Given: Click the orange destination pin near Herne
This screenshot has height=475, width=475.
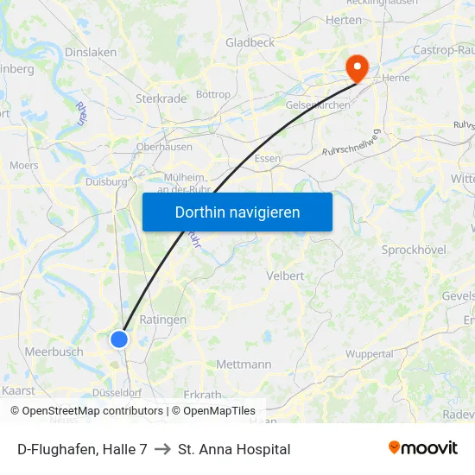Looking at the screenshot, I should click(x=356, y=67).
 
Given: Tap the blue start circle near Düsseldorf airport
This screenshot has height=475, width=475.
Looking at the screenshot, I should click(x=119, y=339).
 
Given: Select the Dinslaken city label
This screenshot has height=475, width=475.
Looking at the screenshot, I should click(x=91, y=52).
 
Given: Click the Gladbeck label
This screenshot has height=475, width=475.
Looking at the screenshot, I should click(x=250, y=42).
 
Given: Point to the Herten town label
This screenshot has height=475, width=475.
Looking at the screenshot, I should click(x=344, y=20).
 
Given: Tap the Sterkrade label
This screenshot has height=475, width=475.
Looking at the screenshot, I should click(x=161, y=98).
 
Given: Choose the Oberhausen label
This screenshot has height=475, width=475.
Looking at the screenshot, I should click(x=163, y=147).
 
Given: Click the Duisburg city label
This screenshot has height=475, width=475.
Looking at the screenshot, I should click(x=106, y=181).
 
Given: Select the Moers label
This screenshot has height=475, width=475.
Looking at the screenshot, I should click(x=23, y=165).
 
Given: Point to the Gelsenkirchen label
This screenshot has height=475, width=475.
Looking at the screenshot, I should click(x=317, y=105).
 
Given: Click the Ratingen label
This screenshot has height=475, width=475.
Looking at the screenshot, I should click(x=162, y=320).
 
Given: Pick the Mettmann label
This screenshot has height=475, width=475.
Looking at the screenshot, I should click(x=244, y=364).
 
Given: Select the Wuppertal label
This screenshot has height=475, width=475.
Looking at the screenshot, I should click(x=370, y=354).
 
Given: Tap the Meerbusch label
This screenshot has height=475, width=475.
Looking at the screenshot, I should click(x=54, y=351).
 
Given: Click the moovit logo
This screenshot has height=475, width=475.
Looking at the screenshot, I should click(x=423, y=448).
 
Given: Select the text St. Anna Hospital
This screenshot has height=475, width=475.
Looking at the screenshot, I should click(x=234, y=449).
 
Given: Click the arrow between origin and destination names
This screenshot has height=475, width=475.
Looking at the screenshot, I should click(x=162, y=449).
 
